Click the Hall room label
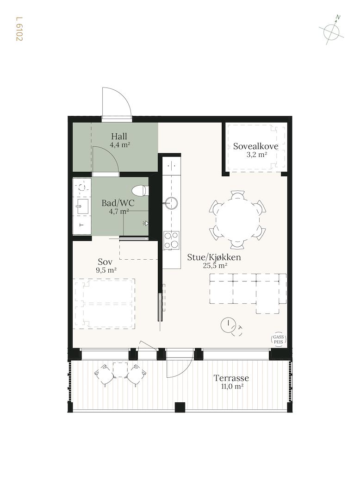[119, 137]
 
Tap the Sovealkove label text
[255, 146]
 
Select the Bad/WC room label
[118, 203]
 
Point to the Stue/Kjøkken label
[214, 257]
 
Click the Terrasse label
[231, 378]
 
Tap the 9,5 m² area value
[106, 270]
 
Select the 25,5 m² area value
[215, 266]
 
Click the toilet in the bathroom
[141, 191]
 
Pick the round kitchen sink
[172, 203]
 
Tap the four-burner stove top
[171, 240]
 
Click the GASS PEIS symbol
[279, 339]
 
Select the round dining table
[238, 219]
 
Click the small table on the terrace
[120, 370]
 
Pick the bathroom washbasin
[83, 206]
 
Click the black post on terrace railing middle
[180, 407]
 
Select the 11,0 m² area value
[233, 387]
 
